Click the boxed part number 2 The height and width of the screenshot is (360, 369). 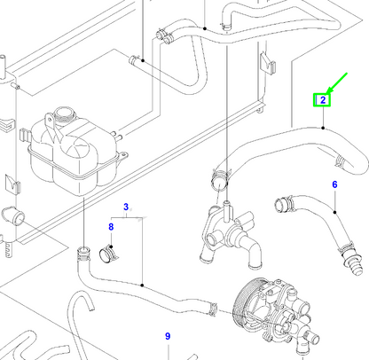click(324, 100)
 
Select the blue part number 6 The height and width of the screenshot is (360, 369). click(335, 184)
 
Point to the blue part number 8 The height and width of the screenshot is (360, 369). click(111, 227)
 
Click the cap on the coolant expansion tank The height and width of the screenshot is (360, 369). click(63, 116)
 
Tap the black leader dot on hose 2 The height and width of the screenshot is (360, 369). click(324, 129)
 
